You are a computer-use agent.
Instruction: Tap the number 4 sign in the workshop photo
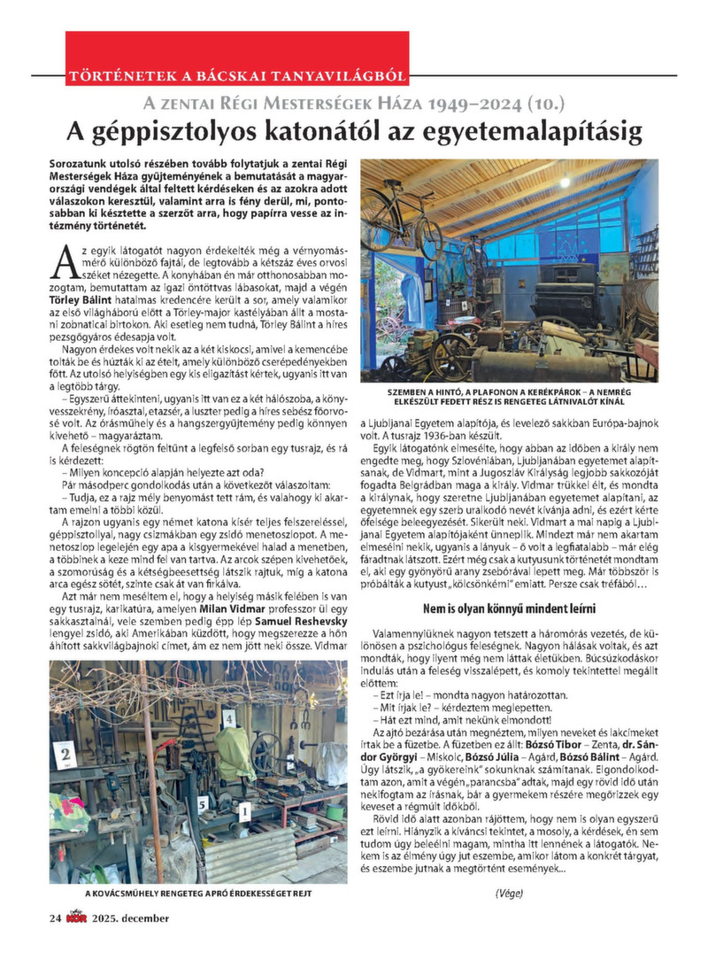tap(229, 720)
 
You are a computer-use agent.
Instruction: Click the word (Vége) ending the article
tap(511, 895)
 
